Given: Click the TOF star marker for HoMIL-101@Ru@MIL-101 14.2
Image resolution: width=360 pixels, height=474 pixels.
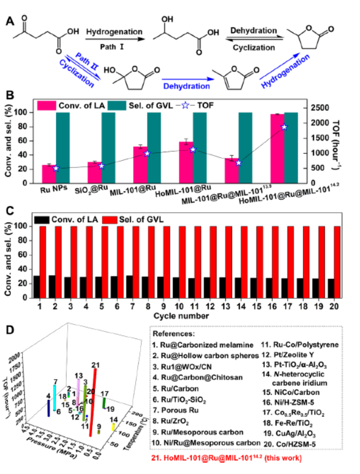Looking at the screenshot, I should click(285, 127).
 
